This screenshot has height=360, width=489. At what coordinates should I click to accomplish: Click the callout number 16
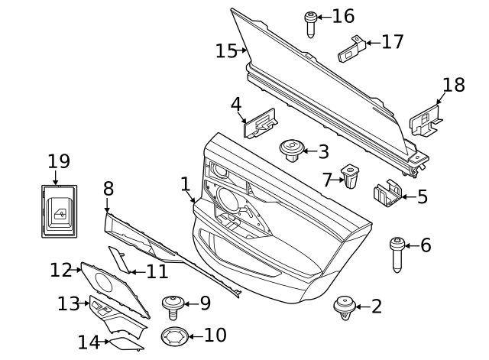[x=343, y=16]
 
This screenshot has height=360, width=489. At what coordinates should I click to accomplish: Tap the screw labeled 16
[x=311, y=23]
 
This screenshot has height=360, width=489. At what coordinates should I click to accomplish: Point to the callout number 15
[x=226, y=51]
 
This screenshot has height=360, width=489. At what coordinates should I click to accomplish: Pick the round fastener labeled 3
[x=292, y=149]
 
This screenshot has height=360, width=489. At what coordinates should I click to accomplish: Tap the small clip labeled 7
[x=350, y=176]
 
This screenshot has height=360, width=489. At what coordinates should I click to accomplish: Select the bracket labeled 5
[x=388, y=194]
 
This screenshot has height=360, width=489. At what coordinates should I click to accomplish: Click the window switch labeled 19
[x=59, y=208]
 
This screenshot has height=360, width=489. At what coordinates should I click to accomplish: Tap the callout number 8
[x=108, y=188]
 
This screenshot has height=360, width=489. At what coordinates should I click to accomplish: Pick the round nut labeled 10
[x=175, y=336]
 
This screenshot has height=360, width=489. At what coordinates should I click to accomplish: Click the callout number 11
[x=157, y=271]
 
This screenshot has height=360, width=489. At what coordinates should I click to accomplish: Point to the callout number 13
[x=67, y=303]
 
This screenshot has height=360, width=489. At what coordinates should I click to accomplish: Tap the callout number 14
[x=89, y=342]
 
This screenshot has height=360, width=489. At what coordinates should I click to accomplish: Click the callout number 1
[x=184, y=183]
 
